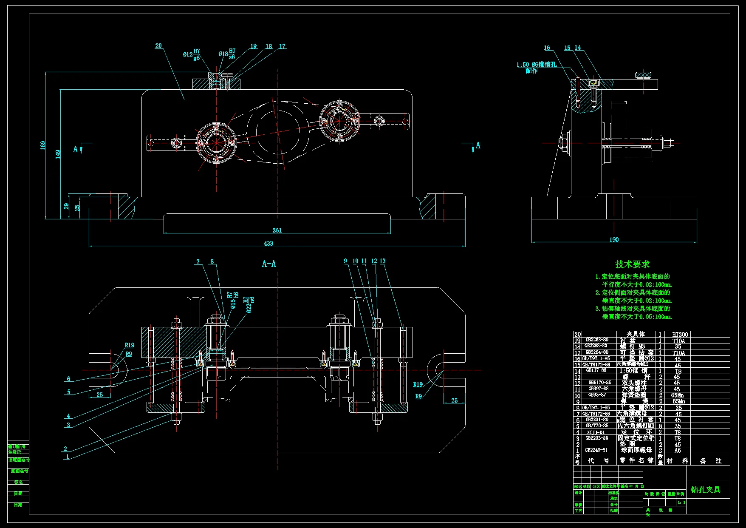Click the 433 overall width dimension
(268, 244)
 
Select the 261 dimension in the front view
(277, 230)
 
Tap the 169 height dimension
(43, 146)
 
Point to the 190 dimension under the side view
(614, 240)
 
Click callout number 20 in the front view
(158, 46)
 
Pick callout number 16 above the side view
(547, 48)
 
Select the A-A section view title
(269, 264)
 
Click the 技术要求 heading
(632, 264)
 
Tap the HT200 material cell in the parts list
(680, 335)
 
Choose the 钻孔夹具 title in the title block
(705, 490)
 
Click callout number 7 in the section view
(198, 262)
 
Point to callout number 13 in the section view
(382, 261)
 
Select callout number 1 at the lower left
(67, 457)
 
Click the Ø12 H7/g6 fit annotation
(192, 54)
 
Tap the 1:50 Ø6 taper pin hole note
(536, 65)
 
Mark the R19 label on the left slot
(129, 346)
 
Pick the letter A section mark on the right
(478, 145)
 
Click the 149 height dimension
(58, 154)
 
